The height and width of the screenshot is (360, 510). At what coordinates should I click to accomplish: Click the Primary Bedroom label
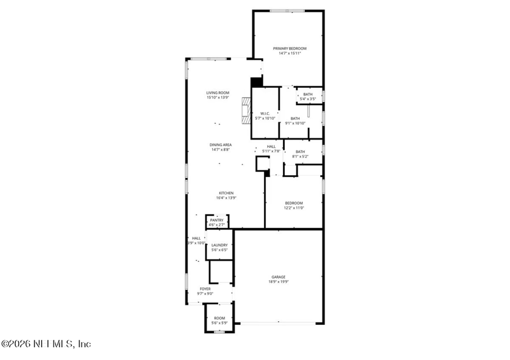[x=290, y=48]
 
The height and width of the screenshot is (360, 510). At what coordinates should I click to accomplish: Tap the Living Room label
[x=217, y=93]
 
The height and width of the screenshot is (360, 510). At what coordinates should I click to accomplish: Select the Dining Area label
[x=221, y=145]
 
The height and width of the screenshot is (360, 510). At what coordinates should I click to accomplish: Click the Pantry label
[x=217, y=220]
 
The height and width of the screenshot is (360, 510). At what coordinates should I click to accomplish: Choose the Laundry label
[x=220, y=245]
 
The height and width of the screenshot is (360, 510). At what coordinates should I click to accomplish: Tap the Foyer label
[x=205, y=289]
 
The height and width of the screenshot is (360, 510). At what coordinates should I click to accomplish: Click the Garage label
[x=279, y=277]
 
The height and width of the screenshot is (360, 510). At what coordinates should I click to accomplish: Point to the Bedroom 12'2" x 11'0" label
[x=294, y=203]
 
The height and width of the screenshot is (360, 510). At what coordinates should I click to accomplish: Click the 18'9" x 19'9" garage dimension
[x=279, y=282]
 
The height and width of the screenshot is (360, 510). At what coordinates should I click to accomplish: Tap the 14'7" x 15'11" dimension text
[x=290, y=54]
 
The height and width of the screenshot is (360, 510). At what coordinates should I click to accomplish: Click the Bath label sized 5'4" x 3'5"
[x=308, y=94]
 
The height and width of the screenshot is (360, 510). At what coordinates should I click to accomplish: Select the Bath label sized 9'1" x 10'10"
[x=295, y=119]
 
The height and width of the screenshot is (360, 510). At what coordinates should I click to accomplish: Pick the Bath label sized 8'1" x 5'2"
[x=300, y=152]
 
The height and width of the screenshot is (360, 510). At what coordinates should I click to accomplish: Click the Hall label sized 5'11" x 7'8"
[x=271, y=147]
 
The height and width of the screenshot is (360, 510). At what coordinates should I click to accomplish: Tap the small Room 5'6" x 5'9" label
[x=219, y=318]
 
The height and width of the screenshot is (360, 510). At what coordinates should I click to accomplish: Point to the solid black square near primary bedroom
[x=257, y=82]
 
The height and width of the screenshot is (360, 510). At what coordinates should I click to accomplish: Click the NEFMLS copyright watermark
[x=47, y=344]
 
